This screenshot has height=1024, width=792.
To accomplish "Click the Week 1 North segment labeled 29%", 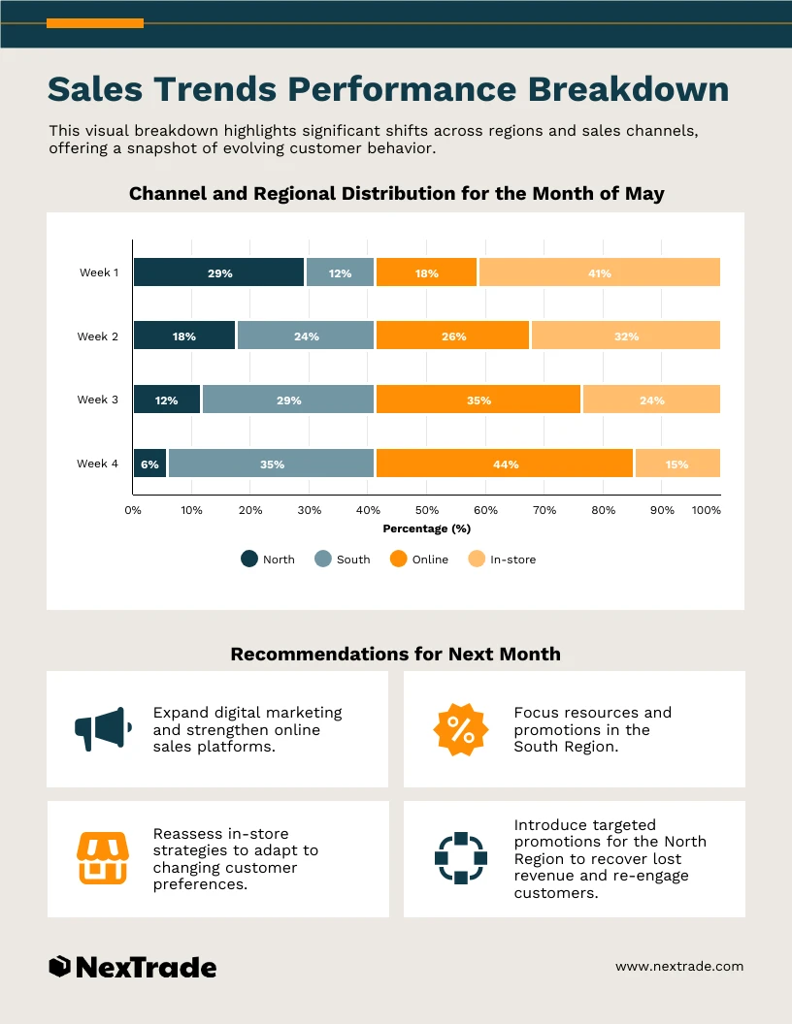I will click(219, 272).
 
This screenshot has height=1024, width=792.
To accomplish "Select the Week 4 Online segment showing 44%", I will click(505, 464).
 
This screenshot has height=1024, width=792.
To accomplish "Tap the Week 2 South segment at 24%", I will click(306, 336).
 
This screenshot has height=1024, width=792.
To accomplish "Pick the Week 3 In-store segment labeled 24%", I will click(651, 400).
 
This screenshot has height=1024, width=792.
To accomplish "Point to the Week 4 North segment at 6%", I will click(149, 464).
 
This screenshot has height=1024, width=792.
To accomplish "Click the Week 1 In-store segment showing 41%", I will click(599, 272).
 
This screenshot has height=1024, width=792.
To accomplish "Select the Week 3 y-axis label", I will click(98, 400).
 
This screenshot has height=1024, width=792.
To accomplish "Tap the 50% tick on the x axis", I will click(427, 509).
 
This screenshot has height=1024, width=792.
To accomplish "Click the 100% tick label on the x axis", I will click(706, 509).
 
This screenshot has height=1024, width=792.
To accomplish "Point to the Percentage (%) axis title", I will click(426, 528).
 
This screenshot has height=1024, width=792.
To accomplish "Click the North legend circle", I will click(249, 559).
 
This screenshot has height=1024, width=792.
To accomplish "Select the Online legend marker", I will click(398, 559).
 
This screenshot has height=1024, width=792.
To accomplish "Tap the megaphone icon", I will click(102, 728).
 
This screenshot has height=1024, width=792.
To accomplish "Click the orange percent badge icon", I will click(461, 729).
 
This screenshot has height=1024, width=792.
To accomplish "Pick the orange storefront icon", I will click(102, 858).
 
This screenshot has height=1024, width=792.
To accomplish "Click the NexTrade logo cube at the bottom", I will click(59, 966).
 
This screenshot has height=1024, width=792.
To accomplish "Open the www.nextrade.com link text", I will click(679, 966).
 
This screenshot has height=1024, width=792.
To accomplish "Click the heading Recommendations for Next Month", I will click(395, 654).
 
